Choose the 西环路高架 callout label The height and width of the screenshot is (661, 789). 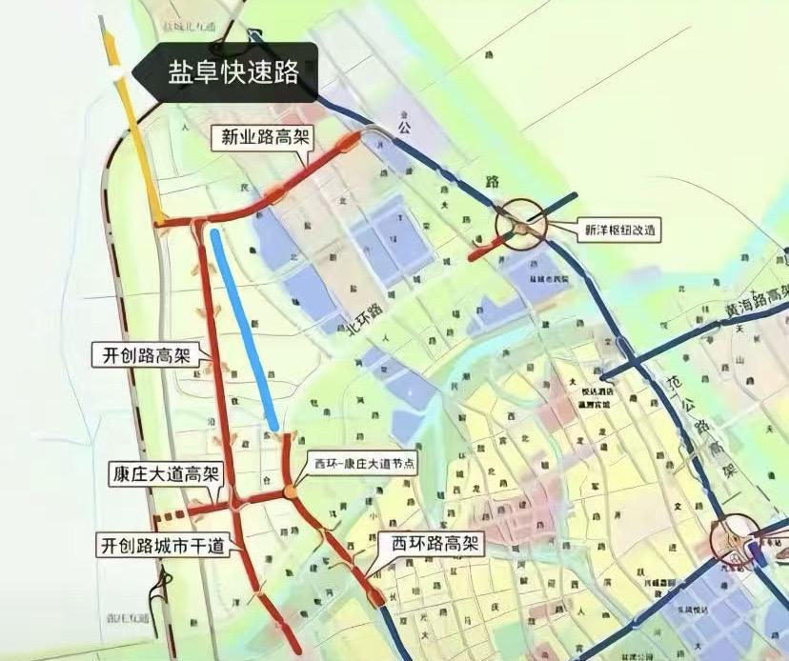coord(433,545)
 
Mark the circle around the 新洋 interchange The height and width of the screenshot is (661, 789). coord(521,223)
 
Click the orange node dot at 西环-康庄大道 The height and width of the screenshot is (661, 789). coord(288,492)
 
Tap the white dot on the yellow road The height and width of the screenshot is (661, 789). coord(114,72)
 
